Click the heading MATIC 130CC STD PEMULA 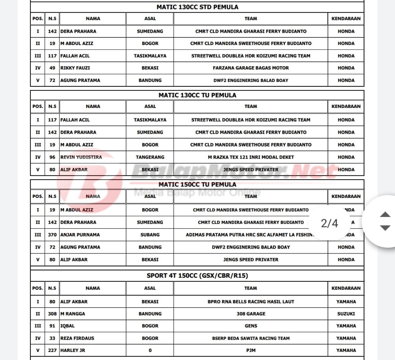pyautogui.click(x=197, y=7)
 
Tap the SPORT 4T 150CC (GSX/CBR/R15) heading pyautogui.click(x=197, y=276)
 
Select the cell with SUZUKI pyautogui.click(x=346, y=314)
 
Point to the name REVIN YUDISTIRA pyautogui.click(x=81, y=157)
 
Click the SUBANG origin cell pyautogui.click(x=150, y=235)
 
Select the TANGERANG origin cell pyautogui.click(x=150, y=157)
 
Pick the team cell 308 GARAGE pyautogui.click(x=251, y=314)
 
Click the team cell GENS pyautogui.click(x=251, y=326)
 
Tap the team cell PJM pyautogui.click(x=251, y=350)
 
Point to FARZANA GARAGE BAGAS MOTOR pyautogui.click(x=251, y=68)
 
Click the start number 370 pyautogui.click(x=52, y=235)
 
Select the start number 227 pyautogui.click(x=52, y=350)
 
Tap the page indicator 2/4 pyautogui.click(x=329, y=223)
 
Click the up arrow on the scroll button pyautogui.click(x=385, y=214)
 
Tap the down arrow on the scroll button pyautogui.click(x=385, y=228)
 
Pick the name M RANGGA pyautogui.click(x=73, y=314)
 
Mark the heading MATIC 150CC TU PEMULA pyautogui.click(x=197, y=185)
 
